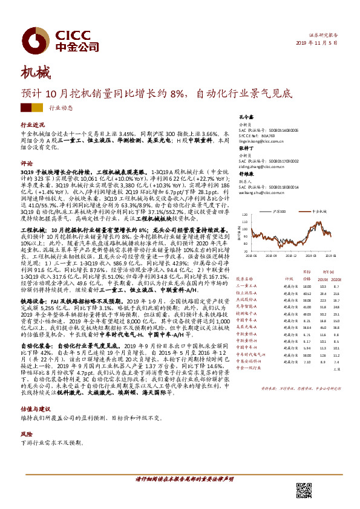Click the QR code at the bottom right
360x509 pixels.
303,490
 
